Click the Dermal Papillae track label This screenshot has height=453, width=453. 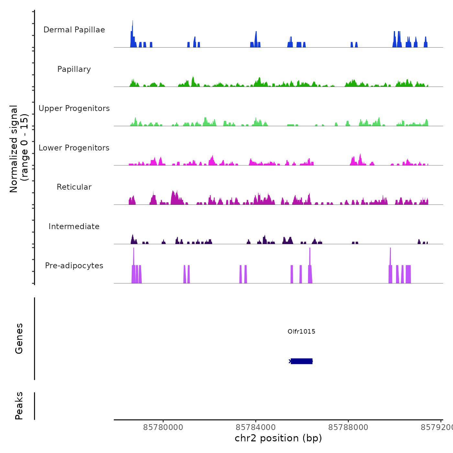point(74,30)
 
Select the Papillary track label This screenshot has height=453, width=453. point(74,69)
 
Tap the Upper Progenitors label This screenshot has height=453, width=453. point(74,108)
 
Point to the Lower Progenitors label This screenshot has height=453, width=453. point(74,148)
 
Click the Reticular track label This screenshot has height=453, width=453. point(74,187)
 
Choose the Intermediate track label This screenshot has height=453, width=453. point(74,226)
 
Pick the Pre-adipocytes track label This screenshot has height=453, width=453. point(74,266)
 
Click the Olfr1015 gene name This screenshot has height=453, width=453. point(301,331)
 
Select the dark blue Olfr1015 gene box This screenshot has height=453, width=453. point(302,361)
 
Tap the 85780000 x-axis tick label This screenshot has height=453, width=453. point(163,427)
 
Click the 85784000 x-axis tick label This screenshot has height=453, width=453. point(256,427)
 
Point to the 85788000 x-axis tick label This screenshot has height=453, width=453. point(348,427)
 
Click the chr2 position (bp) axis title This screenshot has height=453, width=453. point(278,438)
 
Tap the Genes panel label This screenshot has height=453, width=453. point(19,338)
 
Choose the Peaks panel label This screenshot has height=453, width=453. point(19,406)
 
